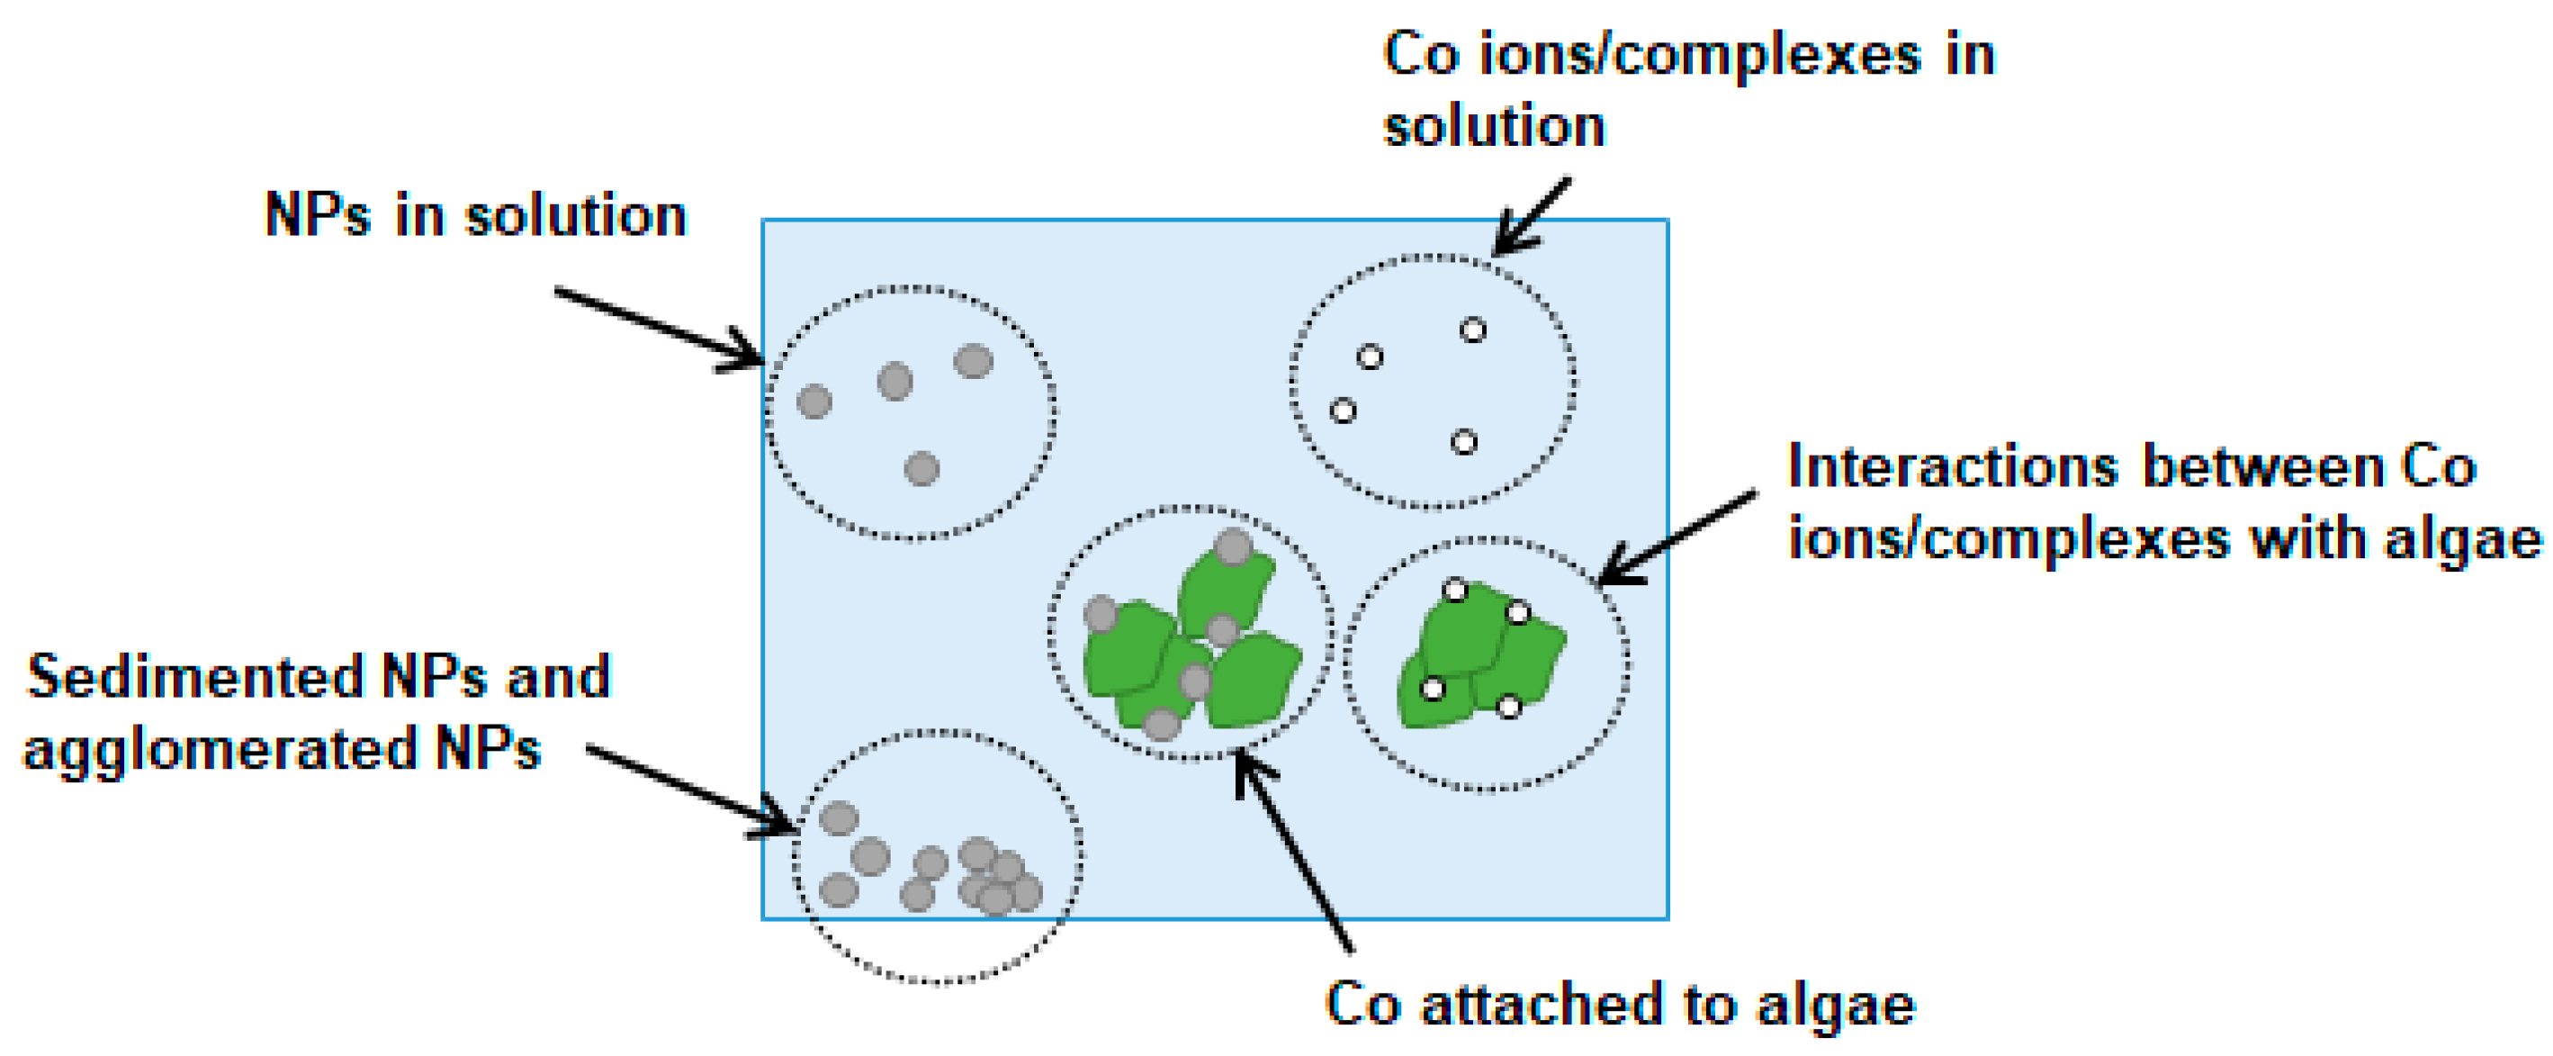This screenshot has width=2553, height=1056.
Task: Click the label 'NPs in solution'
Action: point(476,215)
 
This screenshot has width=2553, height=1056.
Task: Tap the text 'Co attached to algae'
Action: point(1621,1005)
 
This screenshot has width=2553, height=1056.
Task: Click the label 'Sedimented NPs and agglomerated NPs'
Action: point(317,712)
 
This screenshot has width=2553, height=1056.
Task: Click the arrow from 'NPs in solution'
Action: point(658,327)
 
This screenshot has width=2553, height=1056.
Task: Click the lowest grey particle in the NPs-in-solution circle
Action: point(921,468)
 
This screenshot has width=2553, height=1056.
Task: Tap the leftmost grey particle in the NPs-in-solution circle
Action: point(814,402)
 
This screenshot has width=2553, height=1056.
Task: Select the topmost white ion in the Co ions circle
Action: point(1474,330)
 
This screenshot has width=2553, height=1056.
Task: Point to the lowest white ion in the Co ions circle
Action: point(1464,441)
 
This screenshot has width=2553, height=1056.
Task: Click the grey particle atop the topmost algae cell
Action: point(1234,546)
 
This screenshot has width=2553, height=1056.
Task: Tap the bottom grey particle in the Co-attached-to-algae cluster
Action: point(1162,725)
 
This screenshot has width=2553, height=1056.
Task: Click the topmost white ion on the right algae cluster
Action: point(1455,591)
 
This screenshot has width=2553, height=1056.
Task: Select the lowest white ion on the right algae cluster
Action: point(1508,707)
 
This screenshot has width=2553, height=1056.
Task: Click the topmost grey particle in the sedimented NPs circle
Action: point(840,818)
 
